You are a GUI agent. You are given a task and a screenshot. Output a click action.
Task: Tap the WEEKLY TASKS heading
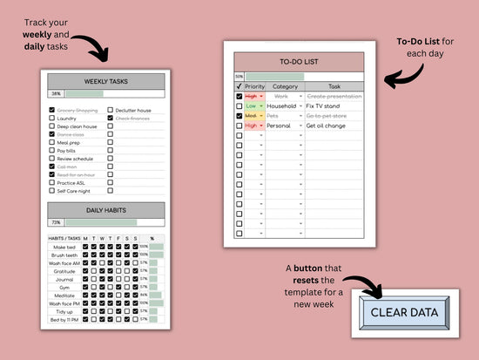105,81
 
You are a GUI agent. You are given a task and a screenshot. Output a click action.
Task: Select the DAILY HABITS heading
105,210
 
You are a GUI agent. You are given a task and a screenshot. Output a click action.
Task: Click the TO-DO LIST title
299,62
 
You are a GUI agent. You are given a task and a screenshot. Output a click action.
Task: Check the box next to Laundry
51,119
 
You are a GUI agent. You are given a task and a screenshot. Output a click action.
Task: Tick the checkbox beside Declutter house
110,111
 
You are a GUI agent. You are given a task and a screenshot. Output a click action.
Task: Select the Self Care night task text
72,189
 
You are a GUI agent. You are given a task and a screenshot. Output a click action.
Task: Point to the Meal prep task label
68,142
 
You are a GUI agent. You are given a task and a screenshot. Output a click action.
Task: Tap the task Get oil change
325,126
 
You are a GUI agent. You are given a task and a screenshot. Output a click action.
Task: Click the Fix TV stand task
323,105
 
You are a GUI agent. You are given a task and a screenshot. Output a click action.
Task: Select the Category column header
285,87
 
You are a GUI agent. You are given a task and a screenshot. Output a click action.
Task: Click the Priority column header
254,87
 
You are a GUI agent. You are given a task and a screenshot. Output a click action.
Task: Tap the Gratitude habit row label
65,270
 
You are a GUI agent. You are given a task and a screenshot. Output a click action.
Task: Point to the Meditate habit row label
65,295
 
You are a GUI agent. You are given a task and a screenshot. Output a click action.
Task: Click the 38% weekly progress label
56,93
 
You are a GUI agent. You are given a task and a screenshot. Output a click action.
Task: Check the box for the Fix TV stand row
239,105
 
